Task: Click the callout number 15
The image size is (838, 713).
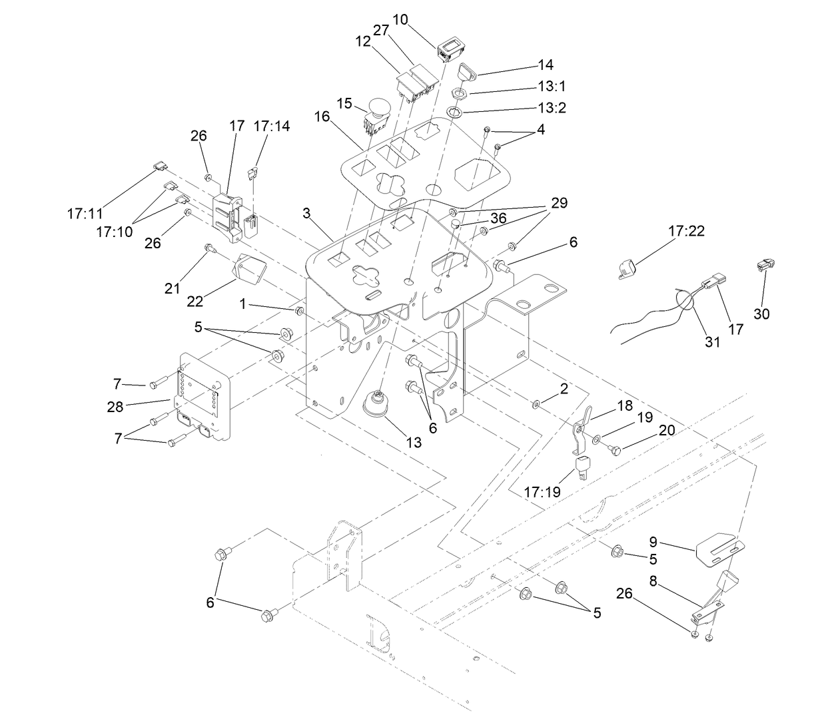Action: click(x=344, y=103)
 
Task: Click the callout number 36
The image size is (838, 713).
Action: click(x=498, y=218)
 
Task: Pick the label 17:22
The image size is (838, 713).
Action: click(x=686, y=231)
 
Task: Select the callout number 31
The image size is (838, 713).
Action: click(x=713, y=342)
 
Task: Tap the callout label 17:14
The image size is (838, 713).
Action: click(x=272, y=126)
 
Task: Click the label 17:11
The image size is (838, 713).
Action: click(x=85, y=214)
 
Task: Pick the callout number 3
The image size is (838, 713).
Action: click(x=306, y=212)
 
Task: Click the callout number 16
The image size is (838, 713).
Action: click(x=322, y=117)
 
